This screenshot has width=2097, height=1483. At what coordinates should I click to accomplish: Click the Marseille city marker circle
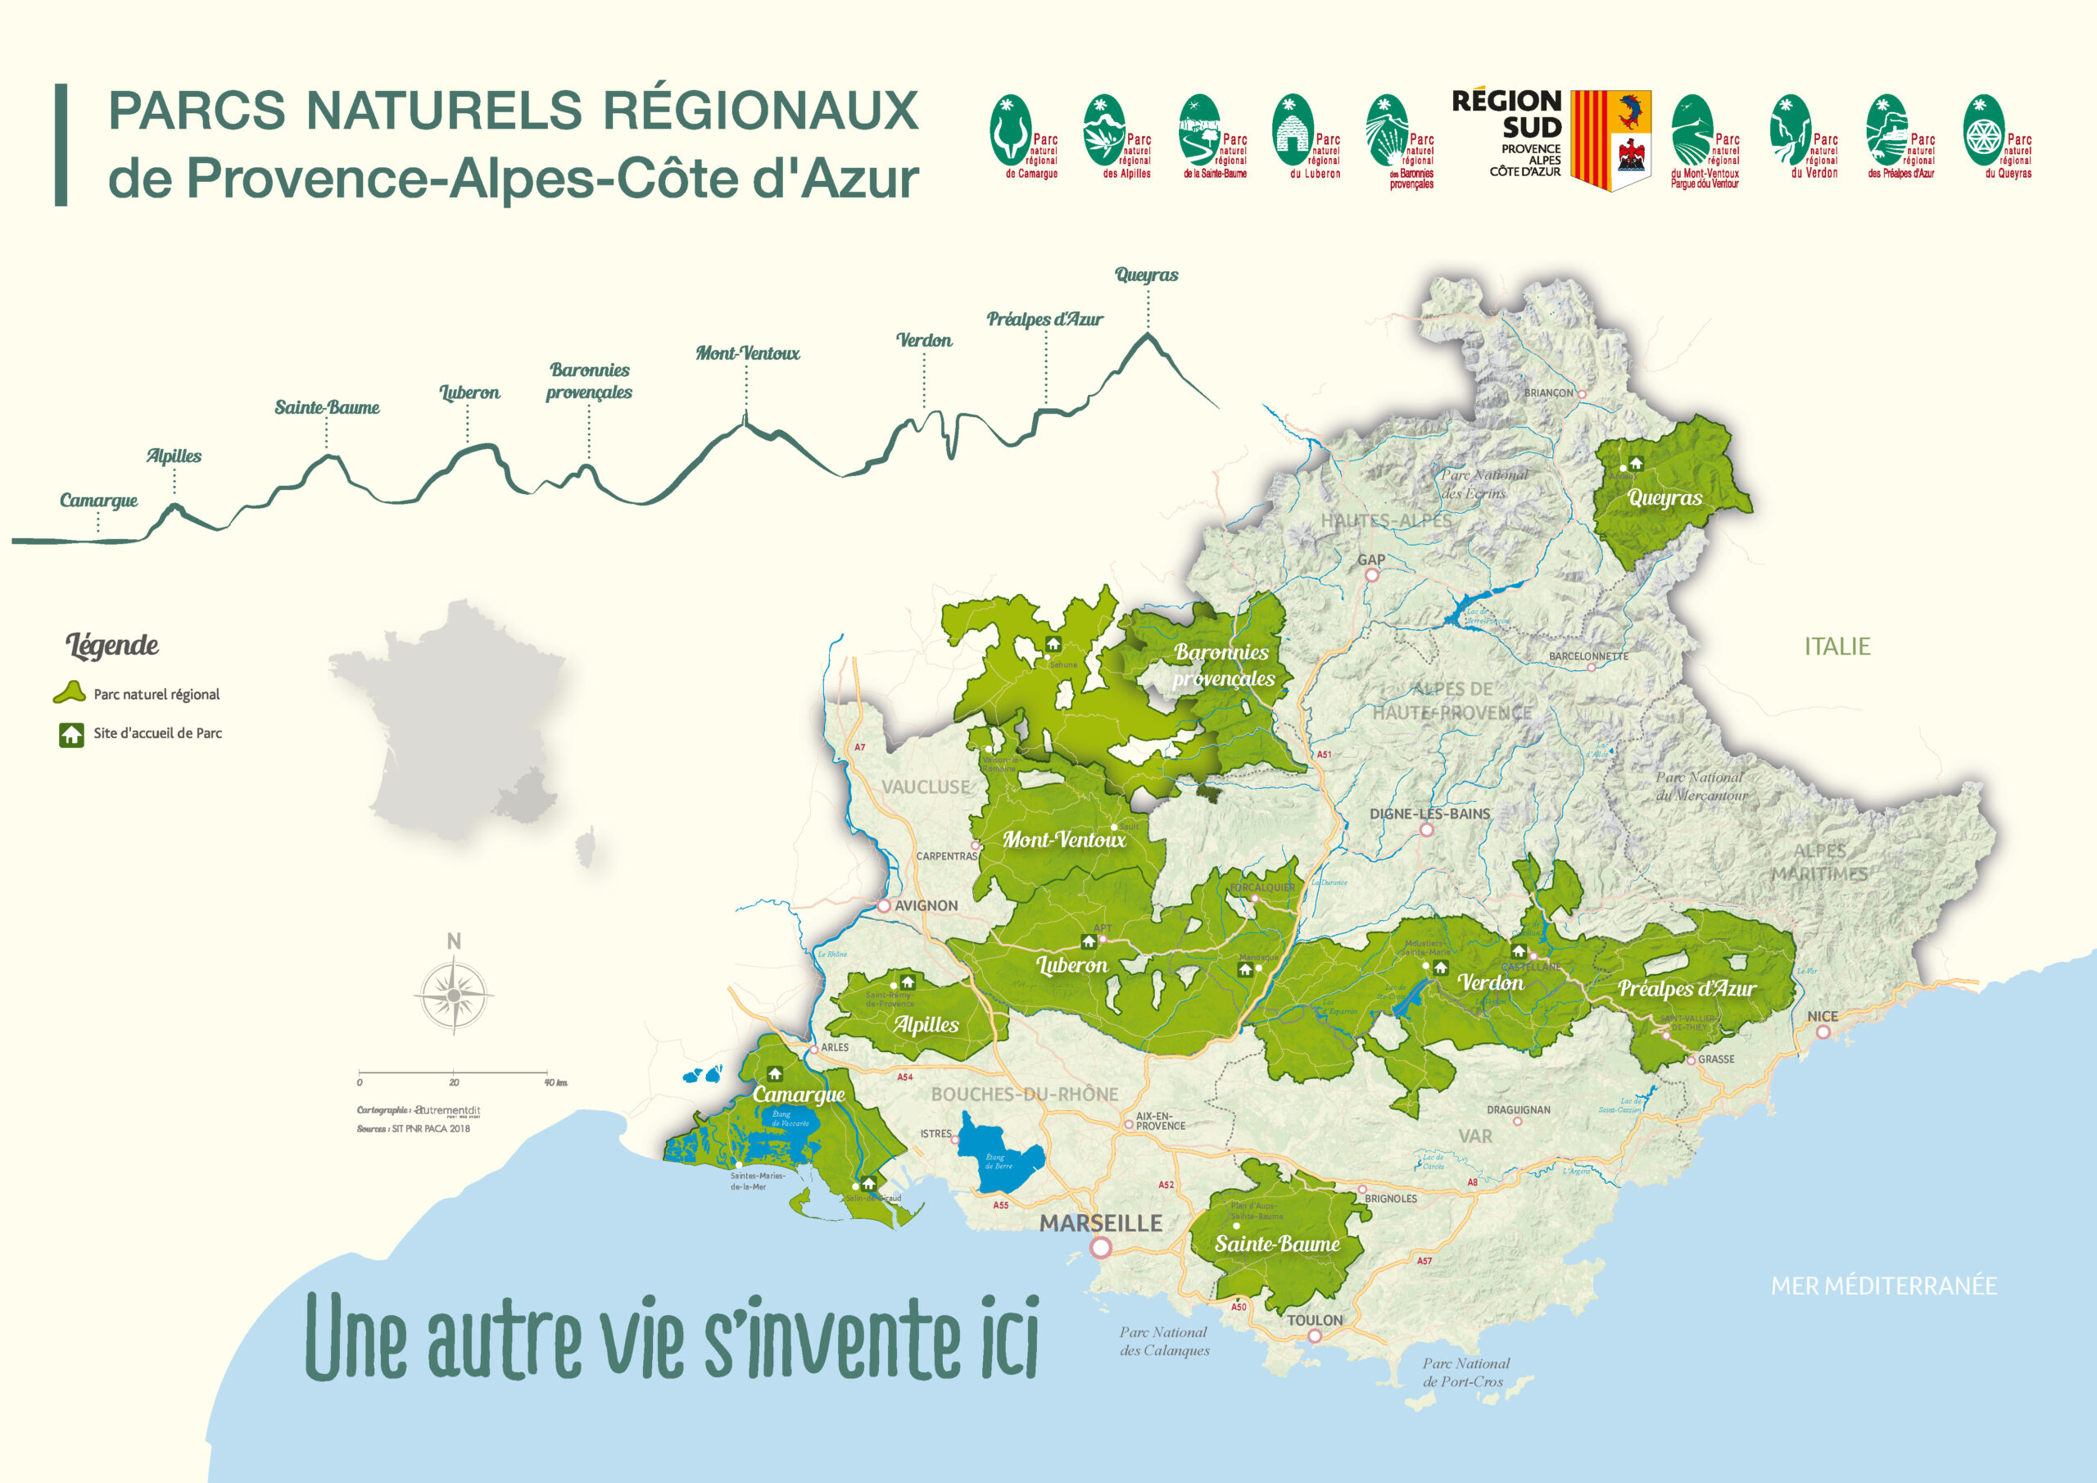[x=1102, y=1247]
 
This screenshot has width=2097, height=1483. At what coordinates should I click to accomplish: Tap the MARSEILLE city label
[x=1101, y=1222]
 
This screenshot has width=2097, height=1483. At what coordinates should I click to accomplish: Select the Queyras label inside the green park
[x=1665, y=498]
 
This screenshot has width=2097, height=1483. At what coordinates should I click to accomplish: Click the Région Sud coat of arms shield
[x=1610, y=140]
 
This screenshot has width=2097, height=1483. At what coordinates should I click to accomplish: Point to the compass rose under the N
[x=454, y=995]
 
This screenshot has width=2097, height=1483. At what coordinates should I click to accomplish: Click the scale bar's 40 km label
[x=555, y=1083]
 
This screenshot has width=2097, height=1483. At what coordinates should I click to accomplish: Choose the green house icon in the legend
[x=71, y=735]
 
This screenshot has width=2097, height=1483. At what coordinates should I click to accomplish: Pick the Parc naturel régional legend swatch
[x=70, y=693]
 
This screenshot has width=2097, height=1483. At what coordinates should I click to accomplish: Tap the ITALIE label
[x=1837, y=647]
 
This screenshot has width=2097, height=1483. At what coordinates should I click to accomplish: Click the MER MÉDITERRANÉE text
[x=1883, y=1286]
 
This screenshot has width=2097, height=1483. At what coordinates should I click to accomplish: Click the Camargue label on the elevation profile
[x=98, y=501]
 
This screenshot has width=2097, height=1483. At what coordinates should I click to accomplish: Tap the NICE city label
[x=1822, y=1016]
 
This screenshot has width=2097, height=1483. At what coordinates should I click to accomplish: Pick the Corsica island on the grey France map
[x=586, y=850]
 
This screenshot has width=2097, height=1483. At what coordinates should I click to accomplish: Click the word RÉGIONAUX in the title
[x=760, y=111]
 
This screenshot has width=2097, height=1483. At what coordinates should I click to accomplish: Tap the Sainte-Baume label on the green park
[x=1277, y=1244]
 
